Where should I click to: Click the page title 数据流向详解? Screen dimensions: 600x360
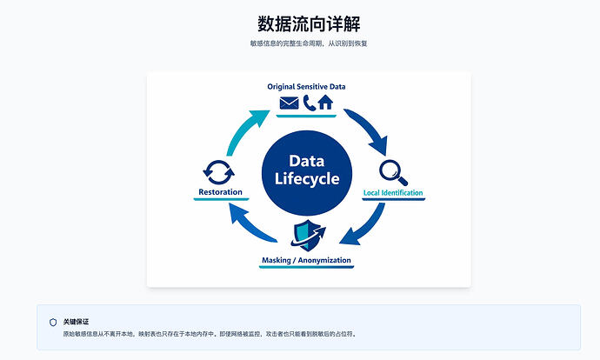pos(309,23)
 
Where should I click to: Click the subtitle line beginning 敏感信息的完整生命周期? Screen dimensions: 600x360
pos(309,43)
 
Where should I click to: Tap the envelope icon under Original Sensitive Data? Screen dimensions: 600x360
pos(289,103)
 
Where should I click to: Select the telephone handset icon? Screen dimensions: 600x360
pos(310,103)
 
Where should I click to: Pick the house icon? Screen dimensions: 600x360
pos(325,103)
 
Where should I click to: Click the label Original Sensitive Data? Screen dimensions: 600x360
pos(306,86)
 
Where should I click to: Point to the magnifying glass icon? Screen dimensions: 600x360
pos(392,172)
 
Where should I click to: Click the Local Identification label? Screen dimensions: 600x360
pos(393,192)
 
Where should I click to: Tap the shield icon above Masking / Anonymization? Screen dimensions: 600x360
pos(308,235)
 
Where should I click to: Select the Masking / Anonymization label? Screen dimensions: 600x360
pos(306,260)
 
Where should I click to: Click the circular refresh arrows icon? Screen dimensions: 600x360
pos(218,172)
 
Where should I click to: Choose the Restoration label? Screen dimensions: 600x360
pos(220,191)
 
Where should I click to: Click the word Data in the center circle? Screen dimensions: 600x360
pos(307,161)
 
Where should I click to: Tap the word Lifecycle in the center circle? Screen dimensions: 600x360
pos(307,178)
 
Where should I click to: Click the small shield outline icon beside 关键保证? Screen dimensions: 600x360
pos(53,322)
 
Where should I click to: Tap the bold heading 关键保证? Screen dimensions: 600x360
pos(76,322)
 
